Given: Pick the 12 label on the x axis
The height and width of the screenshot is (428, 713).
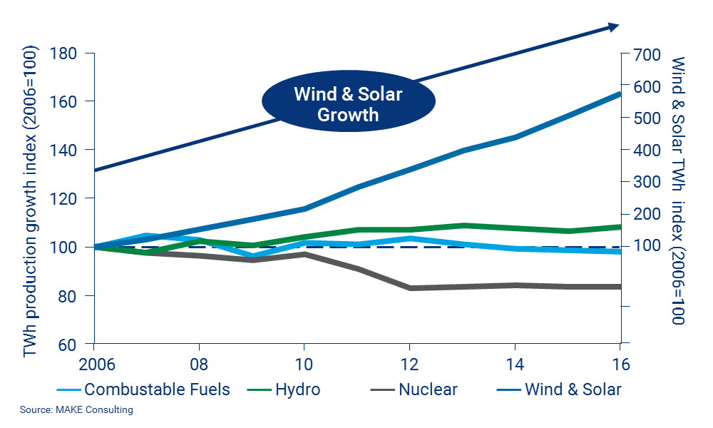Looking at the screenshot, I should pos(410,363).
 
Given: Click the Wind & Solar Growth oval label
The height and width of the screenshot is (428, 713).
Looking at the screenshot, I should pos(348,104).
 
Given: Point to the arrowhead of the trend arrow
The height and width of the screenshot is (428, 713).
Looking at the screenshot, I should pos(614,26).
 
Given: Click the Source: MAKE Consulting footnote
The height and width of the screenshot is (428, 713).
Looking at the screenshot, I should pos(76,410).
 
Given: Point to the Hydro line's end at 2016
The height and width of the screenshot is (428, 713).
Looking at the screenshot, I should pos(619,227).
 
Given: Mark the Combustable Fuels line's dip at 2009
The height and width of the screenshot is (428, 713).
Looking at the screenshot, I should pos(252,255).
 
